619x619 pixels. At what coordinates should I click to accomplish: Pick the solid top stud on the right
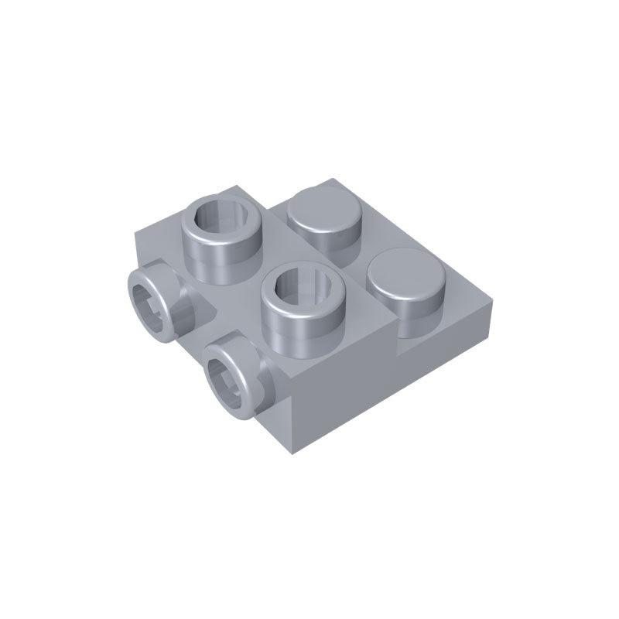pos(404,279)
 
